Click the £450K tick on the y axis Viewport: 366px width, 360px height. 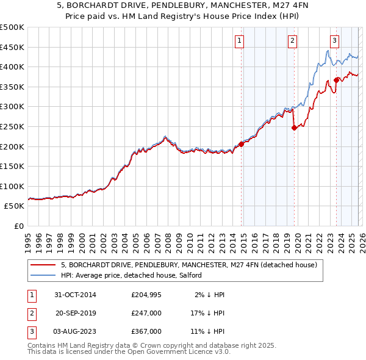(12, 47)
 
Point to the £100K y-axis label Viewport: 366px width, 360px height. (12, 186)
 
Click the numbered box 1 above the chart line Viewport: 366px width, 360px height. (239, 41)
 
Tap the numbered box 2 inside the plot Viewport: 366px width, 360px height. (293, 41)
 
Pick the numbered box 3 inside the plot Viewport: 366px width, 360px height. (335, 41)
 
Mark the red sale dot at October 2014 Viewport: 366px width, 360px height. (241, 144)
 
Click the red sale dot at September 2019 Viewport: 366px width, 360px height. (294, 128)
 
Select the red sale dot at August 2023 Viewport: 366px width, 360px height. (336, 80)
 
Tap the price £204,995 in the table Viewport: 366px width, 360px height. (146, 295)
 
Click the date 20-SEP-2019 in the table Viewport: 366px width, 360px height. (76, 313)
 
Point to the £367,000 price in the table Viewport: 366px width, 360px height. (146, 331)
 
